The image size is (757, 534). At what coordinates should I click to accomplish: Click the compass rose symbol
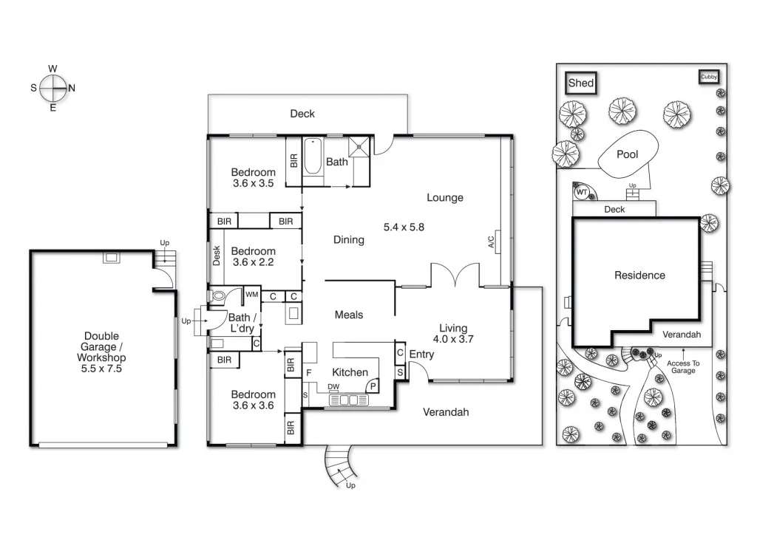coord(53,88)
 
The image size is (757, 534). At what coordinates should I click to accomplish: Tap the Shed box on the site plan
coord(581,83)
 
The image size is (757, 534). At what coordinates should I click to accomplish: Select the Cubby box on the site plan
coord(709,76)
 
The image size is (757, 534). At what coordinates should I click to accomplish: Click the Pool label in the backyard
coord(627,155)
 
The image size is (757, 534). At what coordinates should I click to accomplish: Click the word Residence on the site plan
coord(639,275)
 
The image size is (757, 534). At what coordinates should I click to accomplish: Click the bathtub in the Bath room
coord(313,156)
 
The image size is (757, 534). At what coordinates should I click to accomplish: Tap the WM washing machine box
coord(251,295)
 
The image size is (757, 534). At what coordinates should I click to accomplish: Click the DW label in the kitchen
coord(333,386)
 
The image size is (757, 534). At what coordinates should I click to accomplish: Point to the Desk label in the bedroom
coord(217,255)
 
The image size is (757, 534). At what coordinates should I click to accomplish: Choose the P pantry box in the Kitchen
coord(373,386)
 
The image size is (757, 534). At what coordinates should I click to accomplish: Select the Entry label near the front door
coord(421,355)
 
